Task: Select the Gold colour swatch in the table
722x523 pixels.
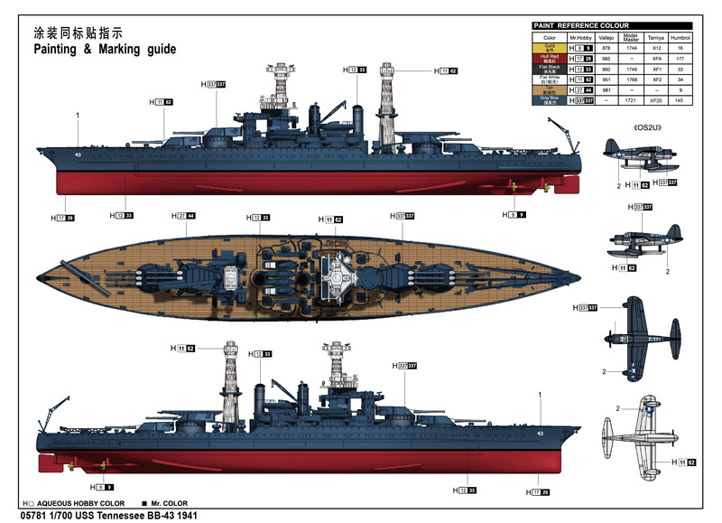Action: pyautogui.click(x=550, y=48)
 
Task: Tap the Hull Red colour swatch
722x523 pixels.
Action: pyautogui.click(x=550, y=58)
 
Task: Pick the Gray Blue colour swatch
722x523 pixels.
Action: pyautogui.click(x=550, y=99)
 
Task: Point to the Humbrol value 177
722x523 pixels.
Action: pyautogui.click(x=688, y=58)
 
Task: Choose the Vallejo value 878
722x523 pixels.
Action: pyautogui.click(x=607, y=48)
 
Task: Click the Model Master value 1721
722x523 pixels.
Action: pyautogui.click(x=632, y=99)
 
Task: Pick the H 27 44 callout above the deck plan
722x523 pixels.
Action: pyautogui.click(x=186, y=216)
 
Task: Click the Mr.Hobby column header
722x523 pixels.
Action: pyautogui.click(x=581, y=37)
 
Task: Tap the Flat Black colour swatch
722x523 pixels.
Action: pyautogui.click(x=550, y=68)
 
